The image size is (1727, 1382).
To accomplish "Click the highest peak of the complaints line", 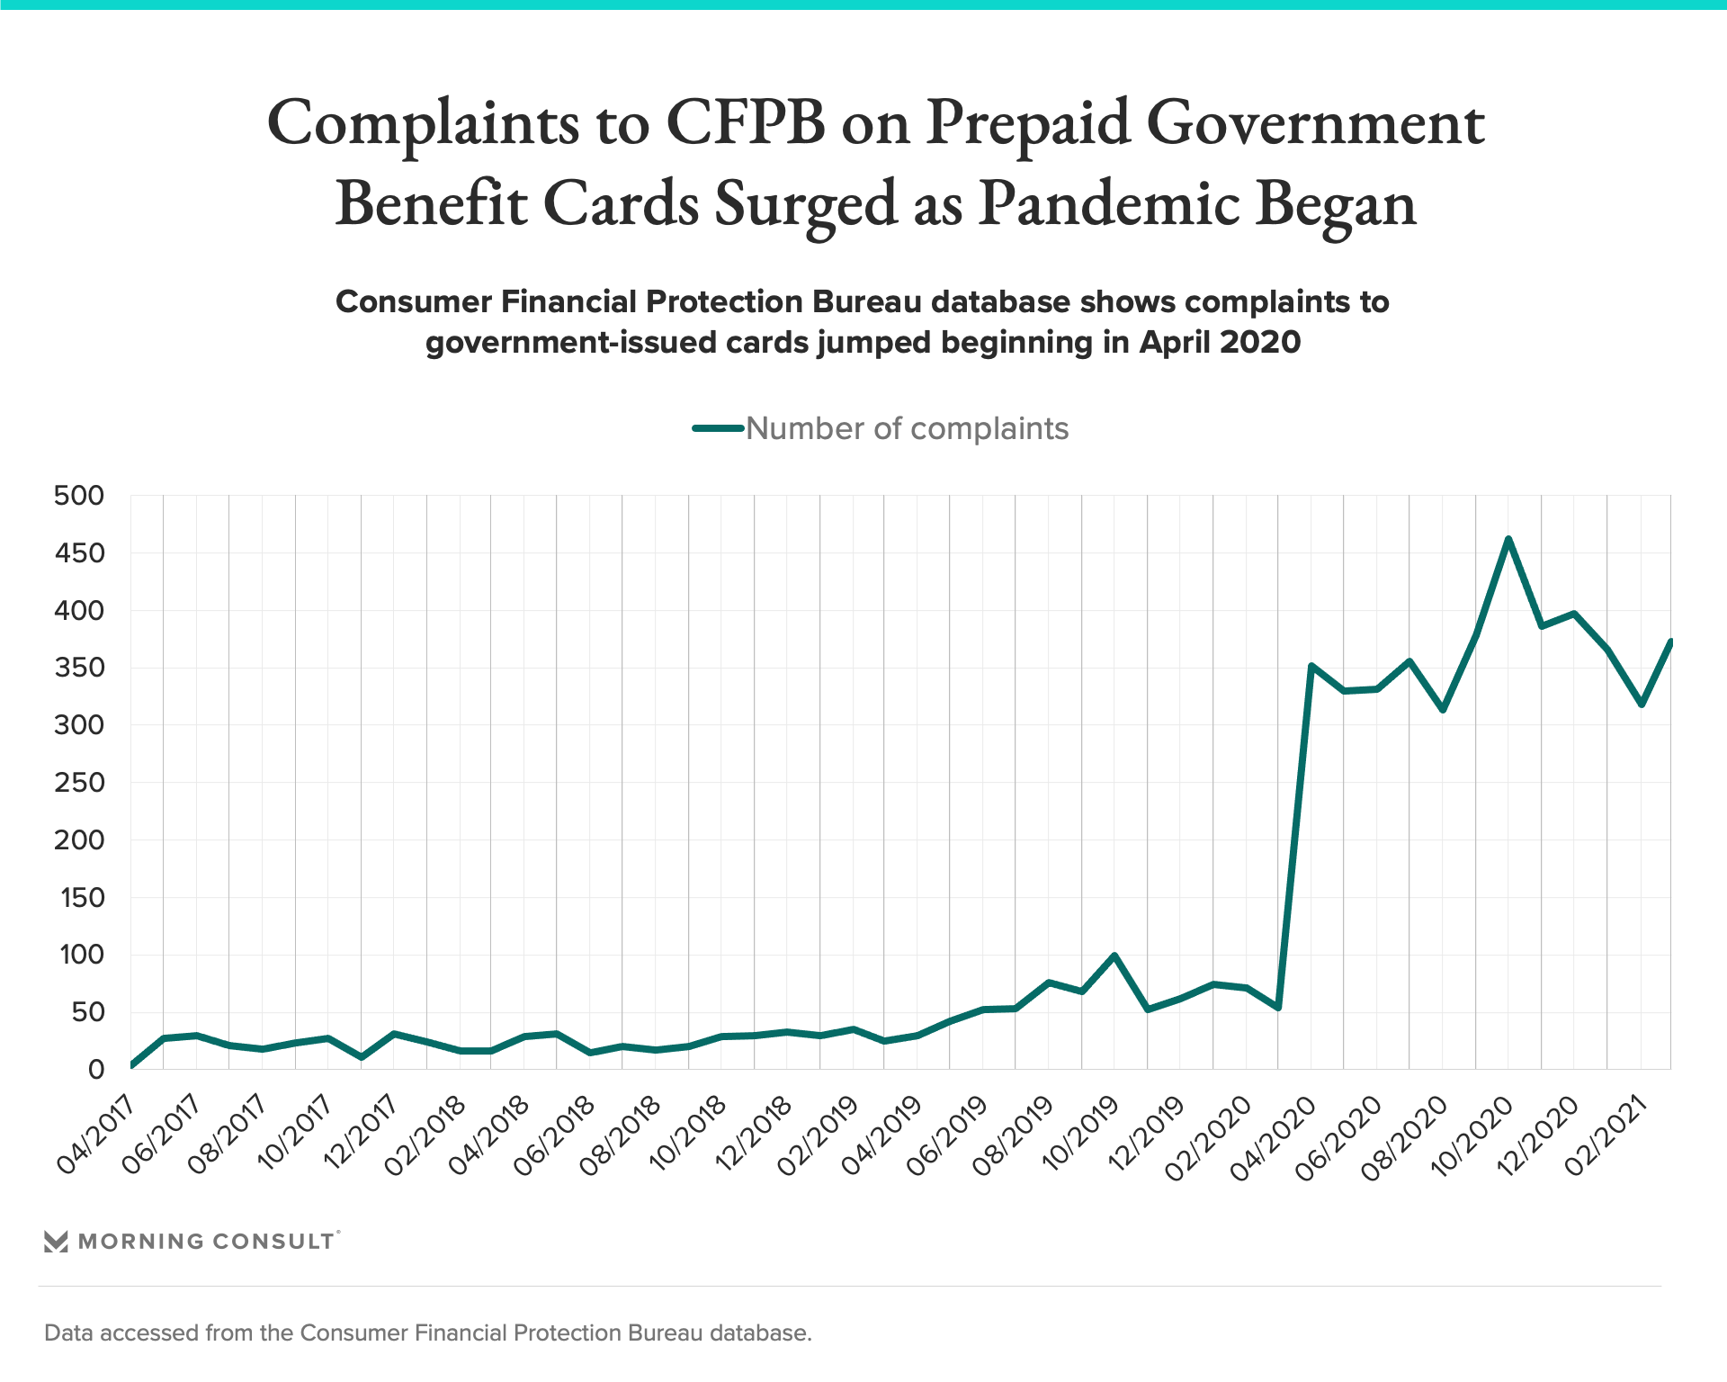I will (x=1508, y=539).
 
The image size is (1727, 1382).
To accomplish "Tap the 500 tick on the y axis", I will (x=79, y=496).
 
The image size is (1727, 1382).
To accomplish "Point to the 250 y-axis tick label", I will (x=79, y=783).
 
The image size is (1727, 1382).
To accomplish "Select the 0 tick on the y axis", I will (x=95, y=1070).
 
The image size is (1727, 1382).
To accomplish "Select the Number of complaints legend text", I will (x=907, y=428).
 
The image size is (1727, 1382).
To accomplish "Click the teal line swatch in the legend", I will (x=718, y=428).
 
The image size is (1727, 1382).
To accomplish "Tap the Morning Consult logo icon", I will (x=56, y=1242).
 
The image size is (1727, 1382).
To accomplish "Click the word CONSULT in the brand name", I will (x=273, y=1242).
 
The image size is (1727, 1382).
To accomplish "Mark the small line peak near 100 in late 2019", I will (x=1114, y=956).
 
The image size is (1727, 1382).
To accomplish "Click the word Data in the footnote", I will (x=69, y=1333).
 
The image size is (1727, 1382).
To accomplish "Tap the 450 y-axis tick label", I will (x=79, y=553).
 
